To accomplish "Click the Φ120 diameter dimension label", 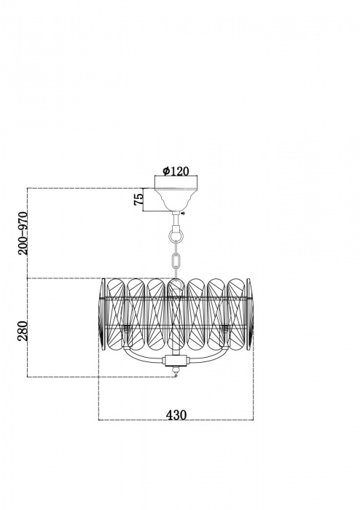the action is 176,170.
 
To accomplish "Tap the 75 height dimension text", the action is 138,199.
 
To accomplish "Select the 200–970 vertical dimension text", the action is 23,233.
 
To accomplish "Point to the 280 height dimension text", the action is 23,331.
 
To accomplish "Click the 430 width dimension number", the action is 176,415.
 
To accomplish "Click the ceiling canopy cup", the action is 176,198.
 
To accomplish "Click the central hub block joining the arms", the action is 176,360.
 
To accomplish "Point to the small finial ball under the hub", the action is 176,370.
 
